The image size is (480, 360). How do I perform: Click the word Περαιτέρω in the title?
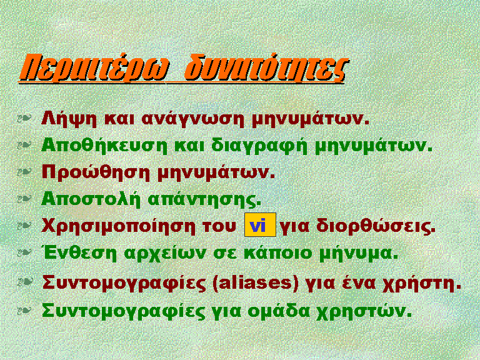click(94, 68)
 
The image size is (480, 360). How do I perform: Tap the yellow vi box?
click(260, 225)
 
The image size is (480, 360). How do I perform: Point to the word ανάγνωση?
click(193, 119)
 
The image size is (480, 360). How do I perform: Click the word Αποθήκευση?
click(104, 146)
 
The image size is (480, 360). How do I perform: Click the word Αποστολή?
click(91, 199)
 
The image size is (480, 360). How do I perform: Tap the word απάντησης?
click(204, 200)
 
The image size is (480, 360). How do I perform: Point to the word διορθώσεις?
click(376, 226)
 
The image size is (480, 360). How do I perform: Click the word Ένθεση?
click(79, 253)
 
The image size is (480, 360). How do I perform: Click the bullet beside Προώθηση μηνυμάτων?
click(24, 172)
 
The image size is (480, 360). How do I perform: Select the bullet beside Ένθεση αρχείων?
click(24, 252)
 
